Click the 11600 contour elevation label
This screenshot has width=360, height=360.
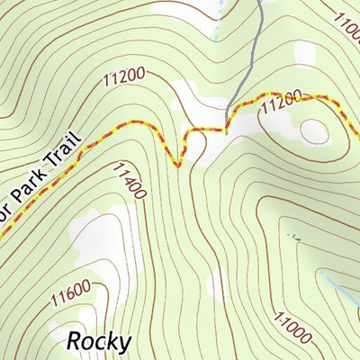[x=71, y=293]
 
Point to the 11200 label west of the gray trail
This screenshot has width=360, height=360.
[x=124, y=80]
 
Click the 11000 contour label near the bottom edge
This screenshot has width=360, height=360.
[x=289, y=329]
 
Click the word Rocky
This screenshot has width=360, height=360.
[x=100, y=342]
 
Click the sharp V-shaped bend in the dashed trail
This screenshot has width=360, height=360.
[x=177, y=166]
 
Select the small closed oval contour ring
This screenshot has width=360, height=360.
[x=316, y=131]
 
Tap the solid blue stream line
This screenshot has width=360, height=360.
[x=343, y=293]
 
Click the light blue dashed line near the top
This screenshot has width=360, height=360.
[x=217, y=27]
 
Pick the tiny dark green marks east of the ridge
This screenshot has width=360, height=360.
[x=292, y=236]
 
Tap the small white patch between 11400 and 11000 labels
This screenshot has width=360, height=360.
[x=214, y=287]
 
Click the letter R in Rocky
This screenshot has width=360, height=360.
[x=75, y=342]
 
